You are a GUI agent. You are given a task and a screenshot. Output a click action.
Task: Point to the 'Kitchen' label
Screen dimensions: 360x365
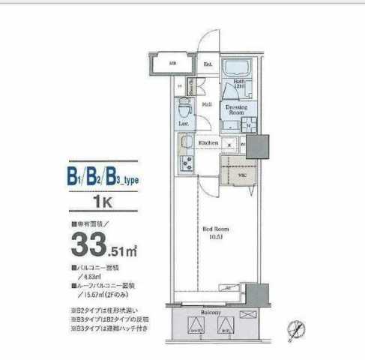tap(208, 142)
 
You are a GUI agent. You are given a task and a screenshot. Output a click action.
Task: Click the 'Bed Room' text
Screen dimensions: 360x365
tap(216, 229)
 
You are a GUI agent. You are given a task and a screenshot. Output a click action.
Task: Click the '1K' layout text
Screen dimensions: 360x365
tap(102, 202)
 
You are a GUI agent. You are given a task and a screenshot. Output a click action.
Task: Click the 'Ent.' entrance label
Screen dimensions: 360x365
tap(208, 64)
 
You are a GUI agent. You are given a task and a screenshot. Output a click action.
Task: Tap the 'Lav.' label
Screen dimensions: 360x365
tap(182, 121)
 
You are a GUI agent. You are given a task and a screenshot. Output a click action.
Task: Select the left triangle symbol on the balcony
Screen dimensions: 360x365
tap(195, 325)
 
